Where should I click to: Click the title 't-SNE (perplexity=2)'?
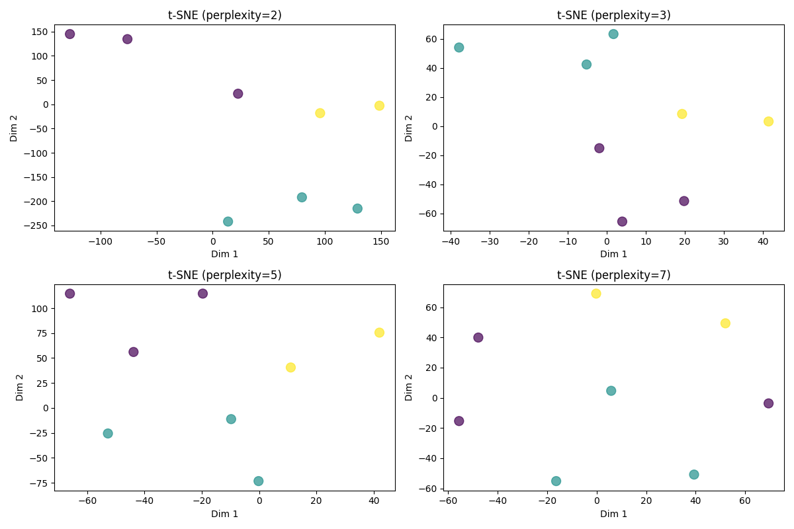pyautogui.click(x=224, y=15)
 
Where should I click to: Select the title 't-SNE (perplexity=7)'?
pyautogui.click(x=613, y=275)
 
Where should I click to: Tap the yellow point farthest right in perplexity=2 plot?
pyautogui.click(x=379, y=106)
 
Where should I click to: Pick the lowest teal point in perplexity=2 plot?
pyautogui.click(x=228, y=222)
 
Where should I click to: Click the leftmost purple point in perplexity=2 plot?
pyautogui.click(x=69, y=34)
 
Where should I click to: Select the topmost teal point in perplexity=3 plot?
pyautogui.click(x=613, y=34)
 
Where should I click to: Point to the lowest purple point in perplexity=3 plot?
pyautogui.click(x=622, y=222)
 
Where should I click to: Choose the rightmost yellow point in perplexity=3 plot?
pyautogui.click(x=768, y=122)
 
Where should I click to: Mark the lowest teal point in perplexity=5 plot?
pyautogui.click(x=258, y=481)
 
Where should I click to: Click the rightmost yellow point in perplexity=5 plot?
pyautogui.click(x=379, y=333)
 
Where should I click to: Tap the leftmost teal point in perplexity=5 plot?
pyautogui.click(x=108, y=434)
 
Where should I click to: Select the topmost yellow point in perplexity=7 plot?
pyautogui.click(x=595, y=294)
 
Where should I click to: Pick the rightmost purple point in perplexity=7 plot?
pyautogui.click(x=768, y=403)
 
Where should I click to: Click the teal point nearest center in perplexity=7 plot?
pyautogui.click(x=611, y=391)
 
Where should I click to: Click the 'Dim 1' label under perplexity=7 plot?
pyautogui.click(x=613, y=514)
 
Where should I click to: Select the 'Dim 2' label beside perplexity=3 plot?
pyautogui.click(x=409, y=128)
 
